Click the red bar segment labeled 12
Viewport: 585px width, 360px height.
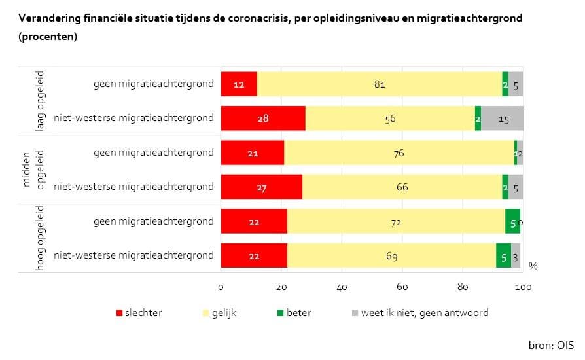pos(239,84)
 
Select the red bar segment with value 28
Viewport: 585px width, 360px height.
pos(263,118)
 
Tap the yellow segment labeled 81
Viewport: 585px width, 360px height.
pos(380,84)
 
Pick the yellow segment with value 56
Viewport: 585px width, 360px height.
pos(390,118)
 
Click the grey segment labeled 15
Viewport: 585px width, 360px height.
pos(503,118)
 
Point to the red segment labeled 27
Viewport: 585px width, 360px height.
pos(262,187)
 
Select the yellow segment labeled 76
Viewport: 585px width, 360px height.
pos(399,153)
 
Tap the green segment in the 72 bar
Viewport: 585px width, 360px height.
pos(512,222)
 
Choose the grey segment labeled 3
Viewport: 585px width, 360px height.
pos(516,256)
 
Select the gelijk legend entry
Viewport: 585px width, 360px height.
pos(220,313)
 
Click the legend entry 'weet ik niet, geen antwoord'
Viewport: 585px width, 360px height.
pos(419,313)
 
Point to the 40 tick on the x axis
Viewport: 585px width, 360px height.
pos(342,287)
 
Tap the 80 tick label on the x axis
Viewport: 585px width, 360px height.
pos(463,287)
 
